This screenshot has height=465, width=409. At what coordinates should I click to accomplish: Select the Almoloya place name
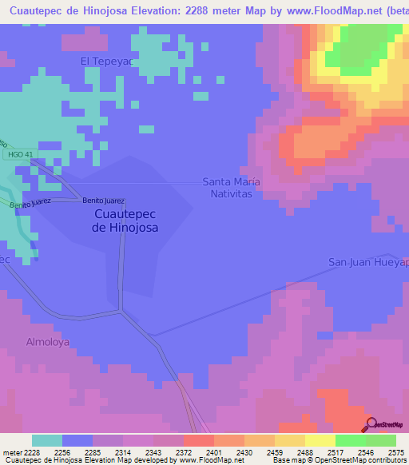[49, 341]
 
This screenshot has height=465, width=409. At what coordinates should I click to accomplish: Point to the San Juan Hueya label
[368, 262]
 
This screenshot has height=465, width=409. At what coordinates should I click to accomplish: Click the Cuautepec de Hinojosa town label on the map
[125, 221]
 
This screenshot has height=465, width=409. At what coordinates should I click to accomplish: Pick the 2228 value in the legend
[32, 451]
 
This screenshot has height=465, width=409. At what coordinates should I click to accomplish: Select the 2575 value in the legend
[396, 451]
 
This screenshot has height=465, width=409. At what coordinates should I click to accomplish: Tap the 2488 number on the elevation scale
[304, 451]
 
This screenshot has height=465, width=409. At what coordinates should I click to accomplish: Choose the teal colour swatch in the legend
[47, 440]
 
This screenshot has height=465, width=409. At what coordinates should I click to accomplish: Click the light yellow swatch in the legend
[320, 440]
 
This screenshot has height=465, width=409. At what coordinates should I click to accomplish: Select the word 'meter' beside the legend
[10, 451]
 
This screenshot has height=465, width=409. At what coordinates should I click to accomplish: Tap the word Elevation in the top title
[140, 9]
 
